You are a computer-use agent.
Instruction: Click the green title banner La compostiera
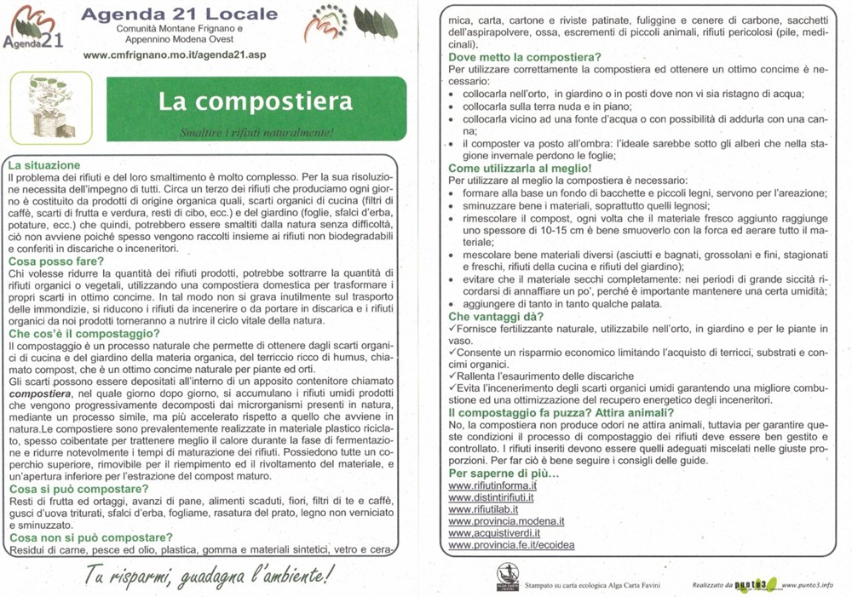coord(255,100)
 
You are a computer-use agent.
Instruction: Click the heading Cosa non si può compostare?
coord(91,537)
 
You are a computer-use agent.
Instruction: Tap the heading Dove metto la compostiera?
coord(531,57)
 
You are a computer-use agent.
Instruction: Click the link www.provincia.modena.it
coord(507,521)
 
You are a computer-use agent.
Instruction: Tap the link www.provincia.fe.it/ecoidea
coord(511,545)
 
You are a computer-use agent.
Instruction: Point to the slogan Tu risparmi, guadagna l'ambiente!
coord(209,576)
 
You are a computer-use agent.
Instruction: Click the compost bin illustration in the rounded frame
coord(50,106)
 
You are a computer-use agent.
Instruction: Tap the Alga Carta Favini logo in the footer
coord(508,577)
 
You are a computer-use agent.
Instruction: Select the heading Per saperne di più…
coord(504,473)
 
